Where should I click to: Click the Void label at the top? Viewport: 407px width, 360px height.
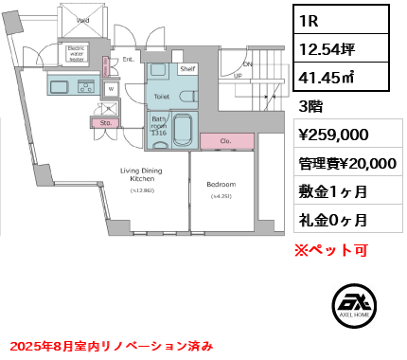(82, 20)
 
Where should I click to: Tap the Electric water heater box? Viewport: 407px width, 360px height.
(78, 54)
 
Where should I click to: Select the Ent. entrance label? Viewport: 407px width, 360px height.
(127, 59)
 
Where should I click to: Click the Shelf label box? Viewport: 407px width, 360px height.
(186, 69)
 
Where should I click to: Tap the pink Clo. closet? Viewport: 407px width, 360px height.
(226, 141)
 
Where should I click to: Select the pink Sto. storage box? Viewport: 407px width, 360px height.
(104, 122)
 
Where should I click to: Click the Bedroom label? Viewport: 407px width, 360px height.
(220, 184)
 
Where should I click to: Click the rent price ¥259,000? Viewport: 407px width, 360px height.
(333, 135)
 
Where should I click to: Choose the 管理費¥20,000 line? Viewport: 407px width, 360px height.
(345, 163)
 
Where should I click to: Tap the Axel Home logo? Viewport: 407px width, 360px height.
(357, 308)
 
